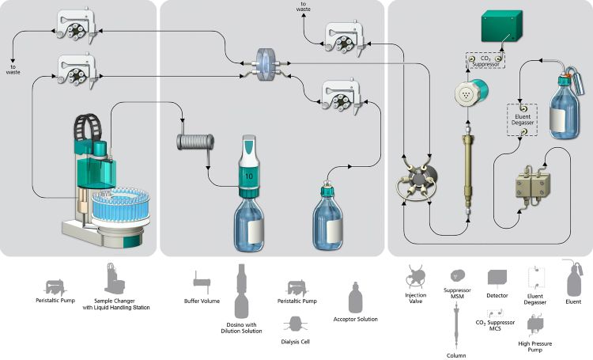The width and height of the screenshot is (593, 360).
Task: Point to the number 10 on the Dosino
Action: (248, 173)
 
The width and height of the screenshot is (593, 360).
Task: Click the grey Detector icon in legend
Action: (498, 278)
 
